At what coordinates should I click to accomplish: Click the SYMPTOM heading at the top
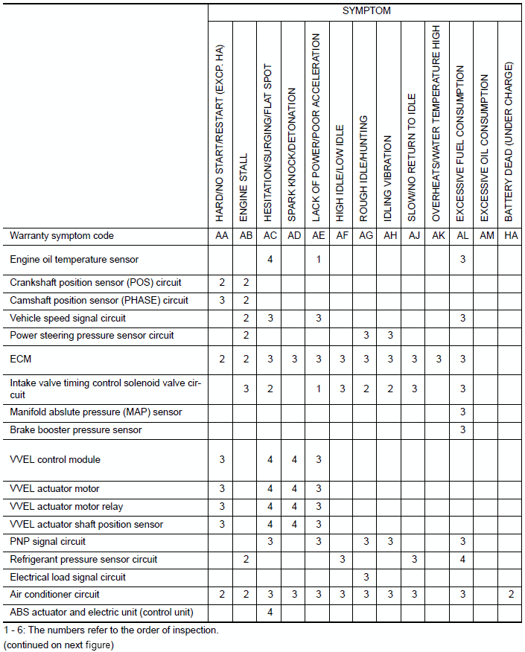366,11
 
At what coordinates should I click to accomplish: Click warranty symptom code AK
438,236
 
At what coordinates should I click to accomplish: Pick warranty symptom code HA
510,236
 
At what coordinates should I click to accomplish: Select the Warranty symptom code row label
62,236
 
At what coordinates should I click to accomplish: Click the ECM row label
20,359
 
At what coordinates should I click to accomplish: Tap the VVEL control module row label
55,460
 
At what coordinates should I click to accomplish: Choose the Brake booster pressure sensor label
75,430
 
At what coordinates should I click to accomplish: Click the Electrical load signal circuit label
68,577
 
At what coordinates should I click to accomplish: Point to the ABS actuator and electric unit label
101,613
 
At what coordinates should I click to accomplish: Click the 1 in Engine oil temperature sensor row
318,260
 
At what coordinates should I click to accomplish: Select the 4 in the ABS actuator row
270,613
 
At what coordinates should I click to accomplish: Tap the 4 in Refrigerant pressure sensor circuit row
462,559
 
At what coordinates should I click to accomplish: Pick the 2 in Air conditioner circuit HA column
510,595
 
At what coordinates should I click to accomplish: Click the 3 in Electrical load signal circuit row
366,577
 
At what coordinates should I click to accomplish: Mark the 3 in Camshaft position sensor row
221,301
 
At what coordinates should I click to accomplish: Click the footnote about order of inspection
111,630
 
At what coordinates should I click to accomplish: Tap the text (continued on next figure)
59,645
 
